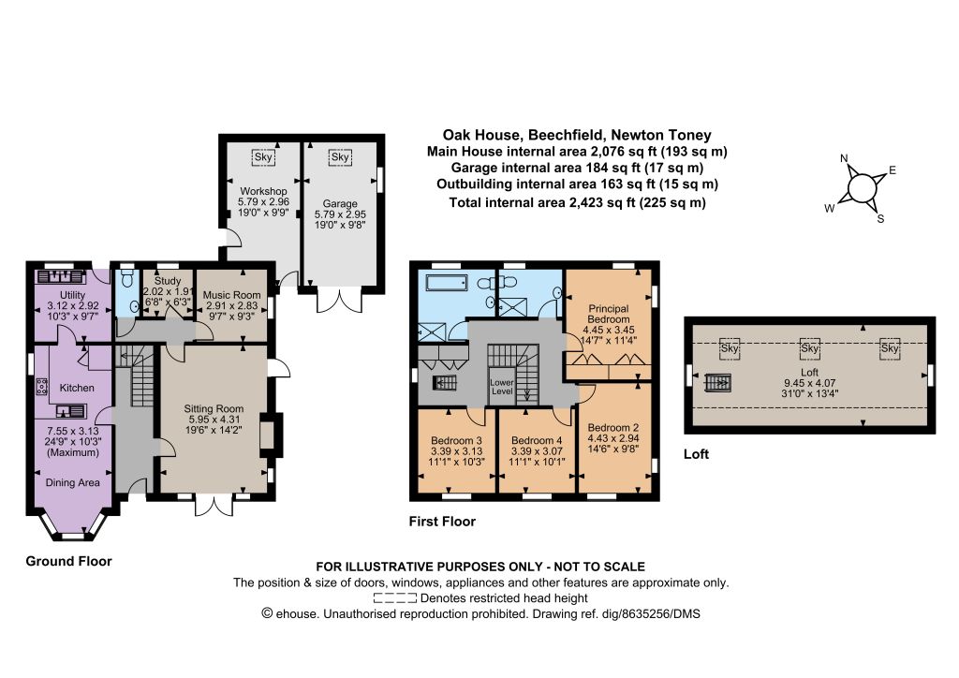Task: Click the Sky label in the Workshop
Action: [263, 157]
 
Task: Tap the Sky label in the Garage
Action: [340, 156]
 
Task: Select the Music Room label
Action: [232, 295]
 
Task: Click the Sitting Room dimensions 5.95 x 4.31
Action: [214, 420]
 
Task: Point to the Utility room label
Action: [72, 295]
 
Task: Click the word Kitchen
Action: [77, 388]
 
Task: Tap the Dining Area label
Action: [73, 482]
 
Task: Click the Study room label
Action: [168, 281]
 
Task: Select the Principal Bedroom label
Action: [609, 314]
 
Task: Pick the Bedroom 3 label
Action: [456, 440]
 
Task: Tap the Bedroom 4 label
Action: [537, 440]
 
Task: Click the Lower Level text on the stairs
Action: [502, 387]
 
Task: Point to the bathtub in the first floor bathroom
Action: [447, 282]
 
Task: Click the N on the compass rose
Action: [844, 158]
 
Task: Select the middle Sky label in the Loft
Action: [810, 348]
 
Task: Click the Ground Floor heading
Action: [68, 561]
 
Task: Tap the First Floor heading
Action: [442, 522]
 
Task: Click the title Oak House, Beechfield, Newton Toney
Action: [577, 135]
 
